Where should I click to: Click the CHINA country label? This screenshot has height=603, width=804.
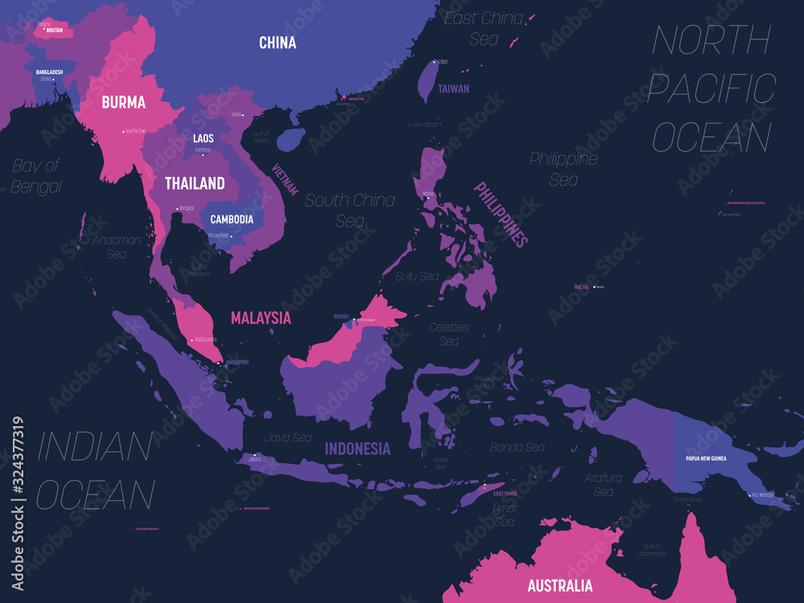[277, 43]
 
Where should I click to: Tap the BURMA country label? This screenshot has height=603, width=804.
[123, 102]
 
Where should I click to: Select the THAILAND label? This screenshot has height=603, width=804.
[195, 183]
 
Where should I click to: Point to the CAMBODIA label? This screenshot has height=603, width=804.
[232, 219]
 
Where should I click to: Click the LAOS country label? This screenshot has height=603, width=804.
[203, 138]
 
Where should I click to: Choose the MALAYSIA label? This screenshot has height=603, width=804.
[260, 318]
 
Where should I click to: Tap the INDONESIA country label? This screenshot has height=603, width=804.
[358, 449]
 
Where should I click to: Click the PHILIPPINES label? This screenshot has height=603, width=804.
[500, 214]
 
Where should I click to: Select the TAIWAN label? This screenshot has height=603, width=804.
[453, 89]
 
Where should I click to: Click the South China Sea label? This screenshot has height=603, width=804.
[350, 210]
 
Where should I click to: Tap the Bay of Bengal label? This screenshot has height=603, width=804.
[36, 176]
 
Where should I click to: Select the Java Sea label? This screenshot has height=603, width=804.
[288, 437]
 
